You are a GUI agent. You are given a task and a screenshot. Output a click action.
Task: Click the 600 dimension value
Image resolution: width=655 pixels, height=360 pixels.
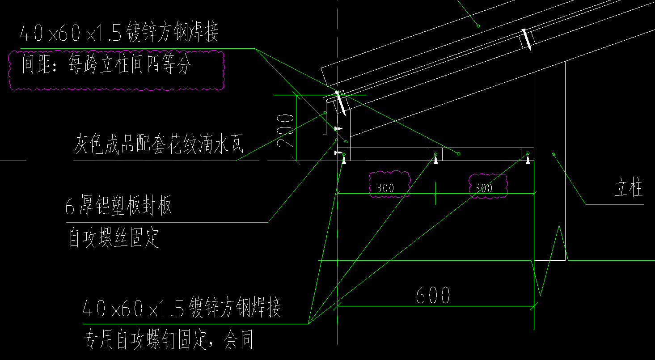click(433, 296)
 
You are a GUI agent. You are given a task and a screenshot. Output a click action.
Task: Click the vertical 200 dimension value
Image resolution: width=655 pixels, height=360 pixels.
click(285, 130)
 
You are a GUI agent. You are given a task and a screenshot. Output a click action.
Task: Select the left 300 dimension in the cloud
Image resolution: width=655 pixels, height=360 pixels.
click(385, 188)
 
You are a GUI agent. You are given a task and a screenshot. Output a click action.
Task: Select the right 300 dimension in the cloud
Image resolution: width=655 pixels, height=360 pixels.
click(483, 188)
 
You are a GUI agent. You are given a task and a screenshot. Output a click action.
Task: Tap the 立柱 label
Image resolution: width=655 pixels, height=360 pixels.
click(629, 189)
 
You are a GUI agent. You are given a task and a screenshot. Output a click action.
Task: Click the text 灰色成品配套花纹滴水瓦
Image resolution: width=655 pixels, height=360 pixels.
click(158, 144)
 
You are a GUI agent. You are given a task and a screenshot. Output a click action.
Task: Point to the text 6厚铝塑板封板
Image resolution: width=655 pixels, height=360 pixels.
click(119, 207)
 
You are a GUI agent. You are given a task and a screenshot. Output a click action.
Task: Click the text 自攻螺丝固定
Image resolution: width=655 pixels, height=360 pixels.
click(114, 238)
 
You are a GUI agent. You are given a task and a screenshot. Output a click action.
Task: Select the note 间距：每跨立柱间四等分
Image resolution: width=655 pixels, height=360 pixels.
click(107, 67)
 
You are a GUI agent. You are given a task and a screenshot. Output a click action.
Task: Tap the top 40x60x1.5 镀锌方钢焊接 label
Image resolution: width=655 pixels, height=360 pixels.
click(119, 34)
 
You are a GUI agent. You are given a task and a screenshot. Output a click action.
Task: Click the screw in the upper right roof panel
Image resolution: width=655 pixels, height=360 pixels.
click(526, 39)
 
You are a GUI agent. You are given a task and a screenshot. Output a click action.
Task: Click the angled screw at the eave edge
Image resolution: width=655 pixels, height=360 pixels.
click(340, 102)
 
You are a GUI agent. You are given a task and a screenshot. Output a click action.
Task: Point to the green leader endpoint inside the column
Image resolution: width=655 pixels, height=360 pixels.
click(554, 154)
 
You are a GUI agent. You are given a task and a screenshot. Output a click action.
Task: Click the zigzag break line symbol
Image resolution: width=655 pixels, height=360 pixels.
click(549, 259)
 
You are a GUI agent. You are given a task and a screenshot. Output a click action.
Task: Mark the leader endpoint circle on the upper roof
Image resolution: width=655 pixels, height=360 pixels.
click(478, 26)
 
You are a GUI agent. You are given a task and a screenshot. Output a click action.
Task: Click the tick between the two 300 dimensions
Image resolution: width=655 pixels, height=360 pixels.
click(436, 194)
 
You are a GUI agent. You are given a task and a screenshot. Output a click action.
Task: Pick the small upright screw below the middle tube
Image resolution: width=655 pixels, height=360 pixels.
click(435, 160)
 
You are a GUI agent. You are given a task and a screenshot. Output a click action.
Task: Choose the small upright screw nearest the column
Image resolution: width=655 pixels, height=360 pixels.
click(528, 160)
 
